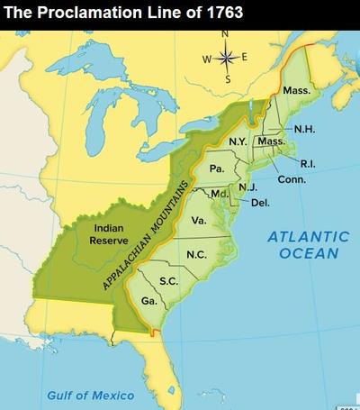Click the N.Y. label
[238, 142]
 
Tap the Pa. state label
[216, 169]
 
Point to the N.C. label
[196, 254]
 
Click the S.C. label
[167, 281]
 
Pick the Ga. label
[149, 300]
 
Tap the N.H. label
[304, 129]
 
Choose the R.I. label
[306, 164]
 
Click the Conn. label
[292, 179]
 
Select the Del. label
[260, 202]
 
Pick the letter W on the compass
[207, 59]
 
